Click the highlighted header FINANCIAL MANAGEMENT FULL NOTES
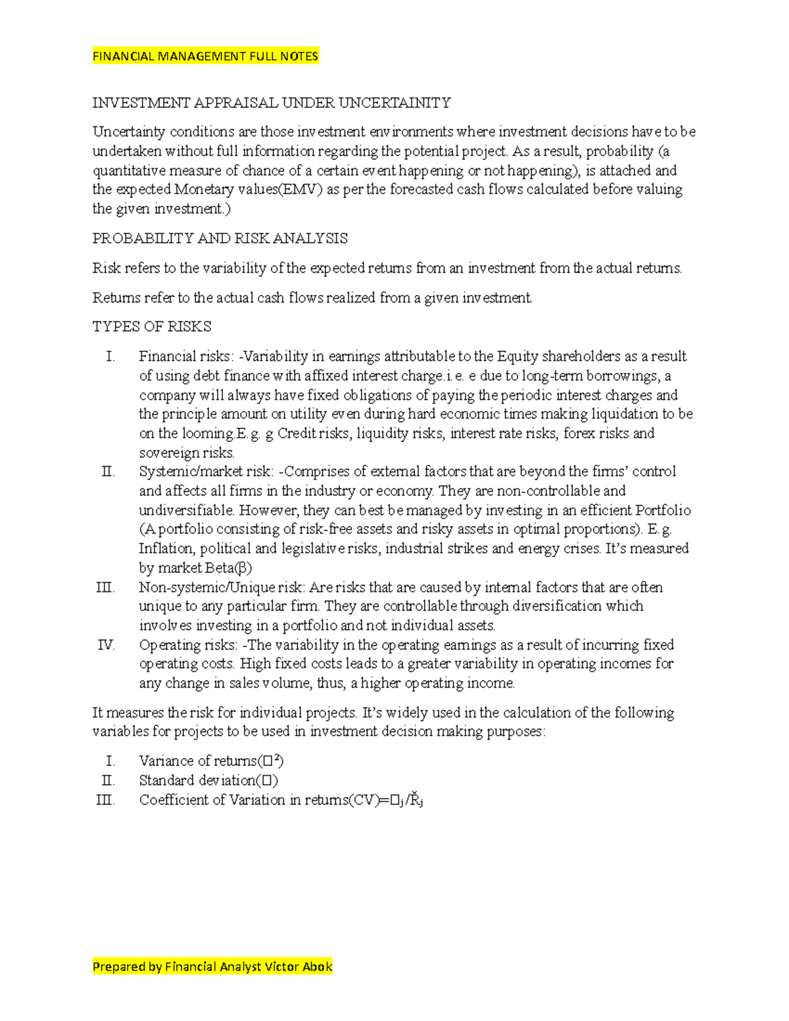point(205,57)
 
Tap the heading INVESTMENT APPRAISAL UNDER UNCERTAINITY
point(271,103)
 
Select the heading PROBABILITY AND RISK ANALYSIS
point(220,239)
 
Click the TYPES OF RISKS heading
point(151,327)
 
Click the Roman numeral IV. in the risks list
point(106,645)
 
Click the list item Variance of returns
point(210,761)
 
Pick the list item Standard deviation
point(208,781)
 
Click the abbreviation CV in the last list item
point(363,801)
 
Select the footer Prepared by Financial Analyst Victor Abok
point(212,966)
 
